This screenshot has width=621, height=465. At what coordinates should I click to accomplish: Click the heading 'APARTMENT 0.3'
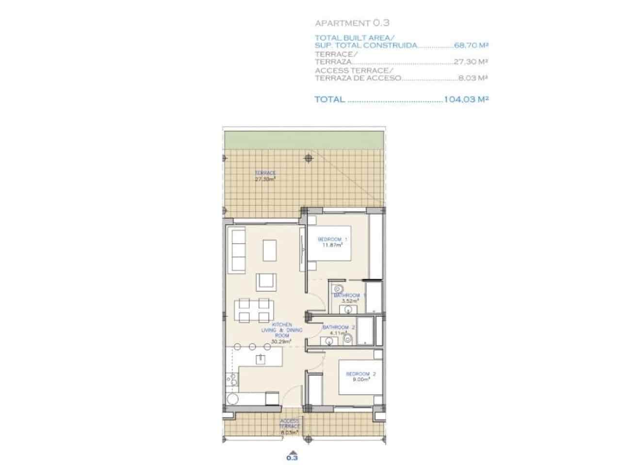(352, 23)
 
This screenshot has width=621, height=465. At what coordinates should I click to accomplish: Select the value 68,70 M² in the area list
(471, 46)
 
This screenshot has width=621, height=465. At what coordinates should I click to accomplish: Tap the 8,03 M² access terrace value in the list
(473, 78)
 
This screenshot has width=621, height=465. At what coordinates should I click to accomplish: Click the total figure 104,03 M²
(465, 99)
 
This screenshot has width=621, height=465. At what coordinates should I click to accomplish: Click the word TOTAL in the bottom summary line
(330, 99)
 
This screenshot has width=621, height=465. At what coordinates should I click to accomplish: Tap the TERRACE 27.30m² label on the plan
(265, 176)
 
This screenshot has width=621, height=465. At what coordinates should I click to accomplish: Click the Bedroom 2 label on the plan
(360, 376)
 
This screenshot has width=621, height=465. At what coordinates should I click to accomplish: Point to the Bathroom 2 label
(339, 330)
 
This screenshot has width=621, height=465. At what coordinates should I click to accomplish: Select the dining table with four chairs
(252, 310)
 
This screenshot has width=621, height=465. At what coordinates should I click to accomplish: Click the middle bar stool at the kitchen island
(253, 346)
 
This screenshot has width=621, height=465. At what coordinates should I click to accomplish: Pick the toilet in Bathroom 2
(347, 340)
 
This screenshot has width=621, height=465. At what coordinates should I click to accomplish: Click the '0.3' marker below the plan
(292, 457)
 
